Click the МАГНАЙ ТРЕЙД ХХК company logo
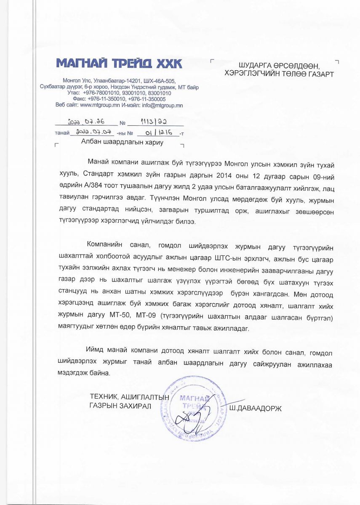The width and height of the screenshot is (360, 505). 119,64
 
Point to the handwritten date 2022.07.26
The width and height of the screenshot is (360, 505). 86,122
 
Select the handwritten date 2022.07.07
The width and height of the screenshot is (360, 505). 92,133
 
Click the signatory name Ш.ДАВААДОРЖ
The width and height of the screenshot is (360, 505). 254,408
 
